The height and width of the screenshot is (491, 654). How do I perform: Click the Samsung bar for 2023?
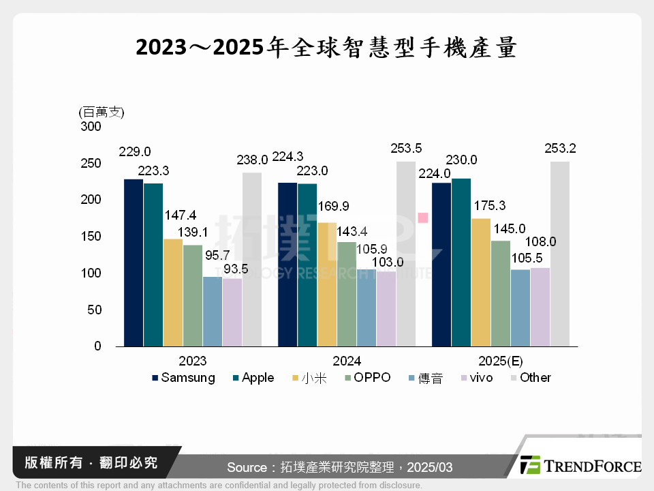pos(134,263)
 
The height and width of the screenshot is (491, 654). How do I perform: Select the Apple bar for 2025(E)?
pos(461,263)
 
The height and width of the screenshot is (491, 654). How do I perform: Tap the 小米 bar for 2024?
pos(327,284)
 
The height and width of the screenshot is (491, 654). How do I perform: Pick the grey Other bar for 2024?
pos(406,254)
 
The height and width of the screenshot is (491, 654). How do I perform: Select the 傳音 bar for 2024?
pos(367,308)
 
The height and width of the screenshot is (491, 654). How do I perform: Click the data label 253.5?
pos(406,148)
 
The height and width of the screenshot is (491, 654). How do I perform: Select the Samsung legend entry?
pos(183,378)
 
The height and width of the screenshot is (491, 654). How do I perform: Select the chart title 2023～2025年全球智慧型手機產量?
pos(327,48)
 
